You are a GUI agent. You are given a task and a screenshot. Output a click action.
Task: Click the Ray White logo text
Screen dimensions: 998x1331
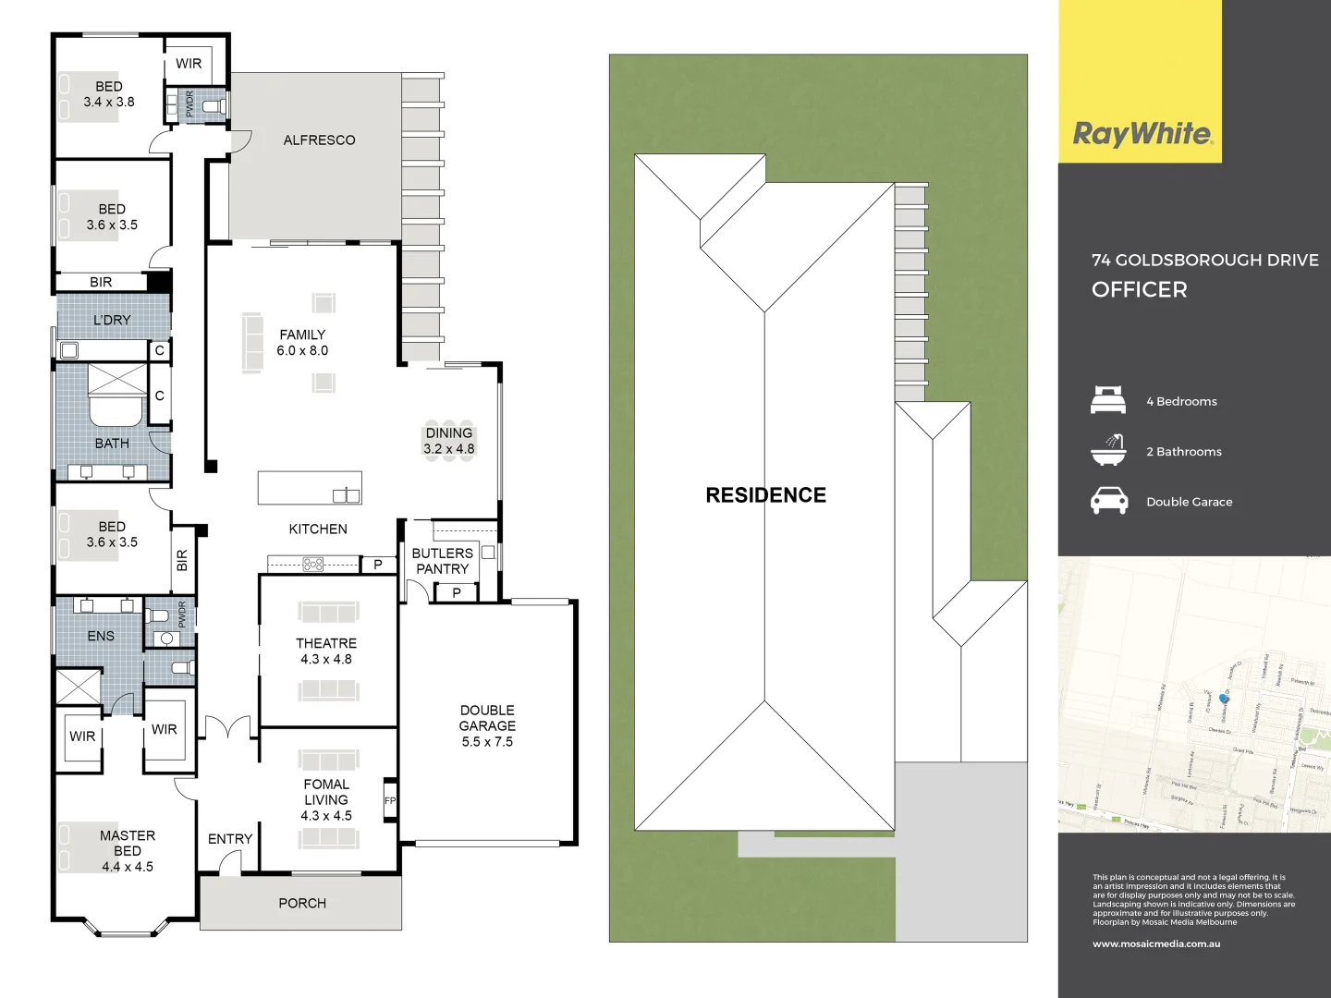coord(1142,134)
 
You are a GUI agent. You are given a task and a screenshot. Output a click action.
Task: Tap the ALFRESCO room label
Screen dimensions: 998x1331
coord(319,140)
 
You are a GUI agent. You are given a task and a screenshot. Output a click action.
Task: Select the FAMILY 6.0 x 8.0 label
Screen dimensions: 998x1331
coord(302,343)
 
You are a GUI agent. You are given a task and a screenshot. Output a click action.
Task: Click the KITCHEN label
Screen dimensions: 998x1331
coord(318,529)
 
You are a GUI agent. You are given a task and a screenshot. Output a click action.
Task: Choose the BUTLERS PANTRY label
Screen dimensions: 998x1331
coord(442,561)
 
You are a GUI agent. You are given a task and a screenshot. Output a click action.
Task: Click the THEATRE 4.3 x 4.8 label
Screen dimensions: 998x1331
coord(326,651)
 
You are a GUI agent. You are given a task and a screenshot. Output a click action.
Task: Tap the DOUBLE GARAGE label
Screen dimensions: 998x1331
coord(487,725)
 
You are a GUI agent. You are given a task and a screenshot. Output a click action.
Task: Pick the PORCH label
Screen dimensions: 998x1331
coord(302,903)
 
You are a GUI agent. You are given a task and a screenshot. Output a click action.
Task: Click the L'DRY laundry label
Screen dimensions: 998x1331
coord(112,321)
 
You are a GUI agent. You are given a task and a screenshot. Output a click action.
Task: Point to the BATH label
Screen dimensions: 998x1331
coord(112,444)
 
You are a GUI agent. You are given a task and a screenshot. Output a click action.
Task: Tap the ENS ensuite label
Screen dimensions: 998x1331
coord(101,636)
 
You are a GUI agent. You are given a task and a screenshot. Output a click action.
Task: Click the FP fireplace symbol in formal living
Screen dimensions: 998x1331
coord(390,801)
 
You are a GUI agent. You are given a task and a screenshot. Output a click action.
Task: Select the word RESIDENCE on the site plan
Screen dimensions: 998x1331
coord(765,495)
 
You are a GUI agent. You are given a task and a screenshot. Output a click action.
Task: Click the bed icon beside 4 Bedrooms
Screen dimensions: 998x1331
coord(1108,401)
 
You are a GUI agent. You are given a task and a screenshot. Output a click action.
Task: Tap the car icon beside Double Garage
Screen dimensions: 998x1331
coord(1108,501)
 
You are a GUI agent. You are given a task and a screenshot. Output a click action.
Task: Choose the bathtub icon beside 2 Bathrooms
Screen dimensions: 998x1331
coord(1108,450)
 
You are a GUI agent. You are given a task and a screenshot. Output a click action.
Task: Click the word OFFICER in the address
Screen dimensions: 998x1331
coord(1139,290)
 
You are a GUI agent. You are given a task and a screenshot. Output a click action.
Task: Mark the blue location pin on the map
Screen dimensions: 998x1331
coord(1224,699)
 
